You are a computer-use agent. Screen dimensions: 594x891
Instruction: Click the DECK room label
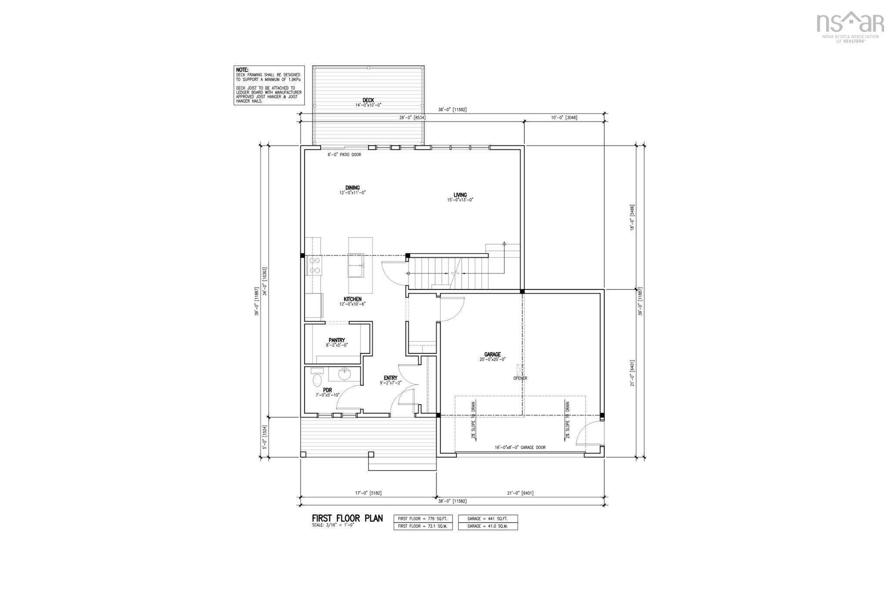tap(368, 100)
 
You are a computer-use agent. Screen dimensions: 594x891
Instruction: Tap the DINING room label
tap(352, 188)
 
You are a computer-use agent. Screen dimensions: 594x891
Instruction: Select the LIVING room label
tap(460, 195)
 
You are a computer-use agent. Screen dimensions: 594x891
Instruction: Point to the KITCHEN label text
tap(352, 299)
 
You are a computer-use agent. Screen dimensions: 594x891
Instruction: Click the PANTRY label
tap(337, 340)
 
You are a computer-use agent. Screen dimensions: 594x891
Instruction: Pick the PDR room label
tap(327, 390)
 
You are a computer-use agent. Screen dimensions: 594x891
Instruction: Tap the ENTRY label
tap(390, 378)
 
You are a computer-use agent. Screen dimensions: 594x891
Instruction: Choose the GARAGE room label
tap(492, 355)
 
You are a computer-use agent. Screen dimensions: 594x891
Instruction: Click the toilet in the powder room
tap(317, 377)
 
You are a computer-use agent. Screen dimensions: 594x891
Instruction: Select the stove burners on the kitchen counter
tap(314, 265)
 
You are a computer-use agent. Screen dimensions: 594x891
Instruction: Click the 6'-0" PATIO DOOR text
tap(344, 155)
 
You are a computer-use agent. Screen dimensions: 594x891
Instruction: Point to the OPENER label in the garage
tap(520, 378)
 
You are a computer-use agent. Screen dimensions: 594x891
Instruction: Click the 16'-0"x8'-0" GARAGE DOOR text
tap(520, 447)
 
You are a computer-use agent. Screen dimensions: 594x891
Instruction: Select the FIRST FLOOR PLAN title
tap(347, 518)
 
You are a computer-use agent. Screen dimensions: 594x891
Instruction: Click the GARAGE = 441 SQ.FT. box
tap(488, 519)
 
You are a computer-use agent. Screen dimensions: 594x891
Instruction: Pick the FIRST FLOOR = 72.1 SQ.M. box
tap(423, 526)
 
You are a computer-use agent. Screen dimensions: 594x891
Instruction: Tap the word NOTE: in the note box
tap(242, 70)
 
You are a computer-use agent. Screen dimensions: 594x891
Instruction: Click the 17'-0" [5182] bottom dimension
tap(368, 493)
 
